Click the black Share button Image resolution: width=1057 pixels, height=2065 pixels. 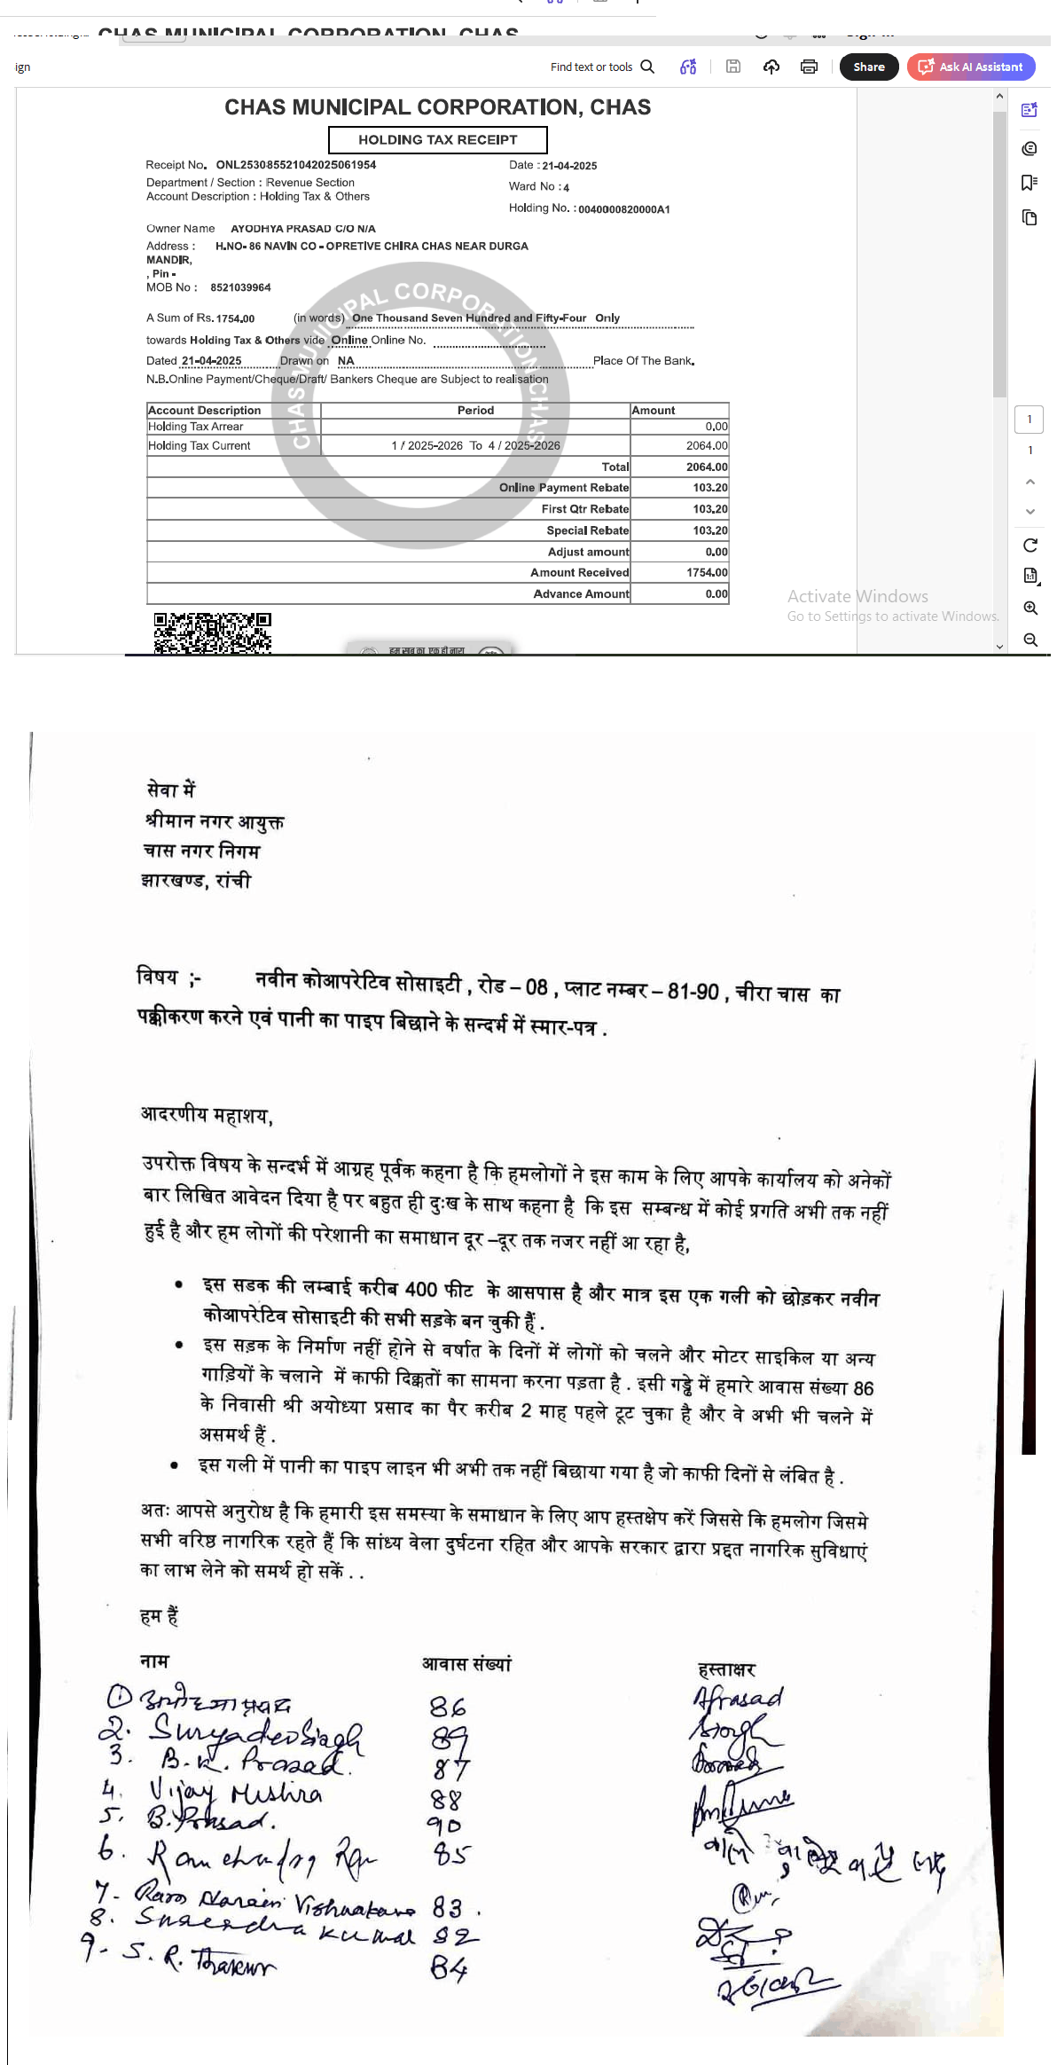(x=868, y=67)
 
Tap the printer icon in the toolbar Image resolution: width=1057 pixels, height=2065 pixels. (x=809, y=67)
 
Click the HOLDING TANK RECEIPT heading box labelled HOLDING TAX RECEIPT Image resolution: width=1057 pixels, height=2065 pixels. (x=437, y=140)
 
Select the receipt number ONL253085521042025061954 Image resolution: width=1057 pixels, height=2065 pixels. (x=295, y=165)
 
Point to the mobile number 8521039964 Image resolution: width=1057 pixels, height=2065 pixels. (x=240, y=287)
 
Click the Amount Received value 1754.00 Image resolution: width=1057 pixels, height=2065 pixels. (x=706, y=573)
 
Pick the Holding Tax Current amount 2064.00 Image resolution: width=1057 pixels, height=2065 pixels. (x=706, y=446)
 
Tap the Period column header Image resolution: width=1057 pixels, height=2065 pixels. (x=475, y=411)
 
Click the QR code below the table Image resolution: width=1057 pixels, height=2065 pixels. (x=213, y=633)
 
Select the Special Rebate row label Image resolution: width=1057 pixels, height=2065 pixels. (x=587, y=530)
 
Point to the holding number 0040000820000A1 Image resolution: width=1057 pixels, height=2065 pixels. (x=623, y=209)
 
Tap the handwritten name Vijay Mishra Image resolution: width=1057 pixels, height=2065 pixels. (x=235, y=1793)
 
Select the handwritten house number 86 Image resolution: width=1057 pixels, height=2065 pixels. (x=448, y=1707)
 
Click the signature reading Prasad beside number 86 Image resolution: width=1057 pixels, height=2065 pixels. (x=738, y=1698)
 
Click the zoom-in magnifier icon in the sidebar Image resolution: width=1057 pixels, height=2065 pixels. (x=1030, y=609)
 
